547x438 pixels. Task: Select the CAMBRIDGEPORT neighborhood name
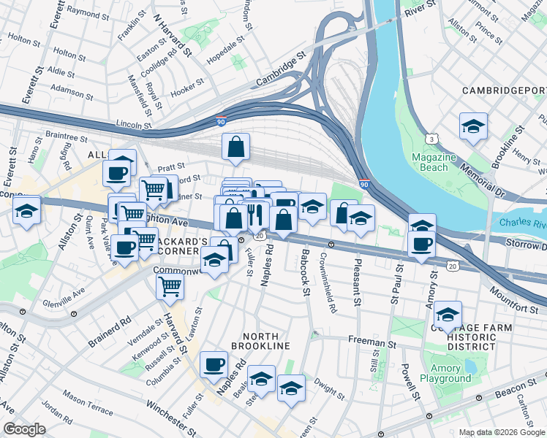pyautogui.click(x=504, y=91)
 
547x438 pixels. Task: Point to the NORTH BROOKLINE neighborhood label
pyautogui.click(x=260, y=345)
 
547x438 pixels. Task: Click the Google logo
pyautogui.click(x=23, y=429)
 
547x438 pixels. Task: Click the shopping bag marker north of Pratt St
pyautogui.click(x=237, y=147)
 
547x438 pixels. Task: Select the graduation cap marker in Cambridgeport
pyautogui.click(x=473, y=126)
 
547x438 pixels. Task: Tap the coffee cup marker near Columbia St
pyautogui.click(x=214, y=364)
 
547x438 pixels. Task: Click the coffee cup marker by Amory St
pyautogui.click(x=421, y=245)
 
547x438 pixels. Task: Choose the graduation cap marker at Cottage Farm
pyautogui.click(x=448, y=315)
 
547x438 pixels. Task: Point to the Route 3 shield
pyautogui.click(x=432, y=138)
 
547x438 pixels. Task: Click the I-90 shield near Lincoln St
pyautogui.click(x=221, y=123)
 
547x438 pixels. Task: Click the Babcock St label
pyautogui.click(x=303, y=273)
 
